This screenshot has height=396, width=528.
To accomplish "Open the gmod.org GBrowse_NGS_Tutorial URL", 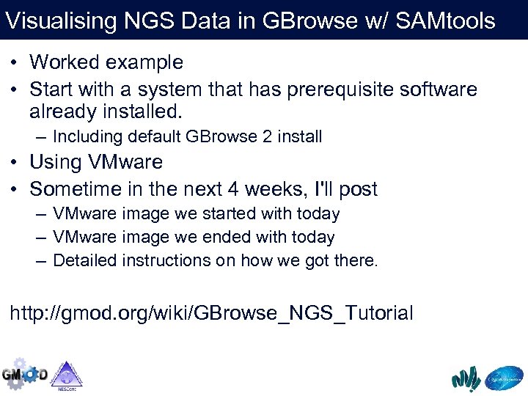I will [x=211, y=313].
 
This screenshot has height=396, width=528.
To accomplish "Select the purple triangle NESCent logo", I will [x=66, y=374].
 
